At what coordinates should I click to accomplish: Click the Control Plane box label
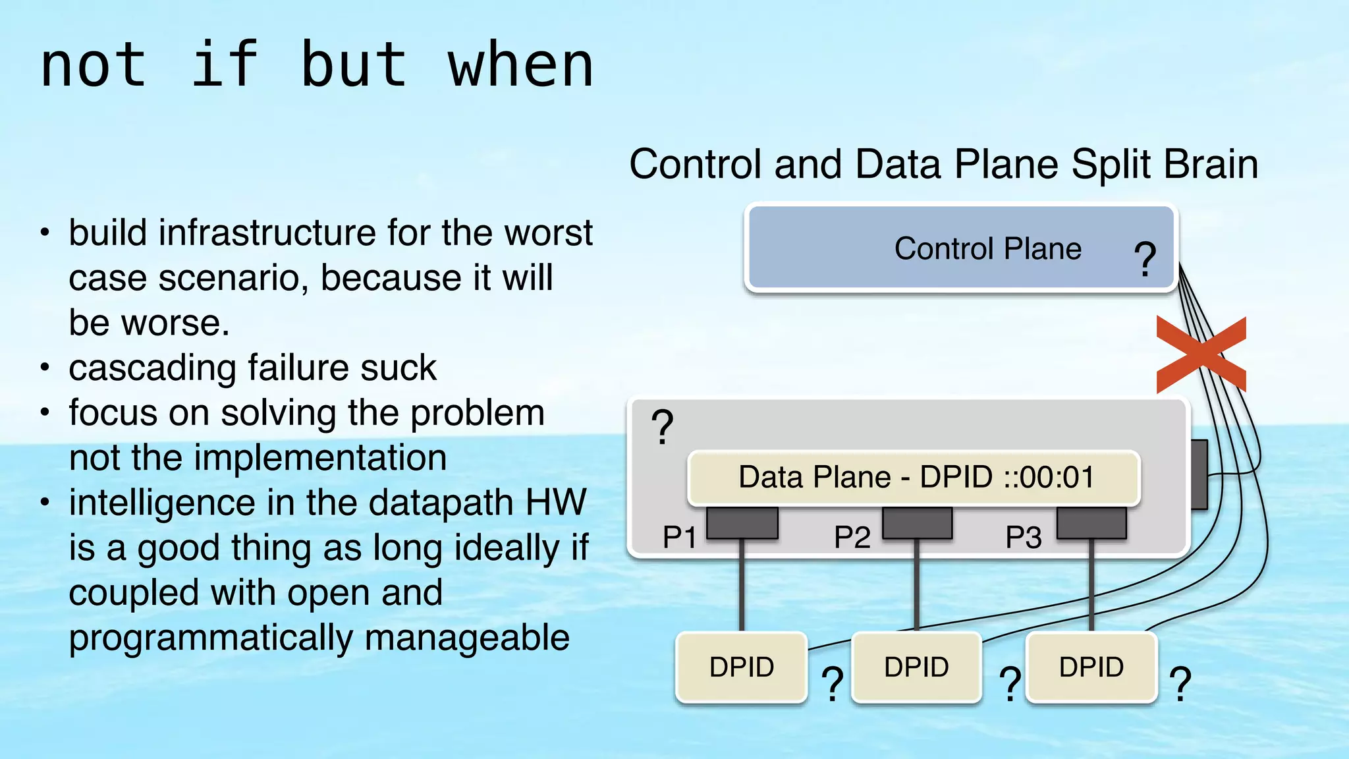987,249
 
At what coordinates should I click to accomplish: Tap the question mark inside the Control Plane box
1145,258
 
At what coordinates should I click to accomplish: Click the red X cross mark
1201,354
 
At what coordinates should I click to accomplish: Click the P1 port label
679,537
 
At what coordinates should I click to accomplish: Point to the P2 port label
852,537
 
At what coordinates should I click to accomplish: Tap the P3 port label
1023,537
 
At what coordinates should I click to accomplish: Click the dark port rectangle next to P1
742,523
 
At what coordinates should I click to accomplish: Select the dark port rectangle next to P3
1091,523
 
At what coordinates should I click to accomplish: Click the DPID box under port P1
742,667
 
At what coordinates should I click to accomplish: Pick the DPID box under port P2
916,667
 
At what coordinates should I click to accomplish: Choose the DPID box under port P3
1091,667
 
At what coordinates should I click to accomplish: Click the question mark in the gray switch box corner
662,427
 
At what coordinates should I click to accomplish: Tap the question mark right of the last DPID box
1180,684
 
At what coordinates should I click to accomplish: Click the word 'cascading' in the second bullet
152,368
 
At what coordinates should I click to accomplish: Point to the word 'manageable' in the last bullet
467,638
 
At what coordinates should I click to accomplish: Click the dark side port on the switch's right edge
1199,474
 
